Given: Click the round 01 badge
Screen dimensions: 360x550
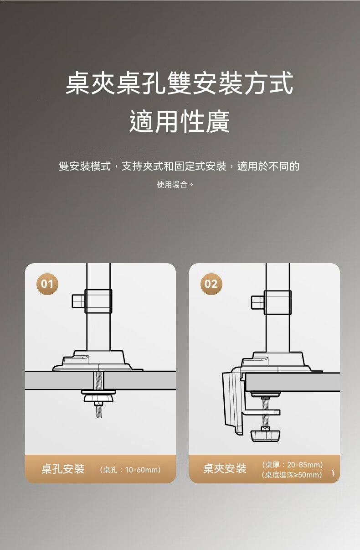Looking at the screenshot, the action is coord(47,284).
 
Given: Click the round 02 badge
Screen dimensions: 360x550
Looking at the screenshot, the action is coord(211,284).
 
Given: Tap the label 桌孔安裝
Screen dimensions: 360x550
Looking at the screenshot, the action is coord(63,469).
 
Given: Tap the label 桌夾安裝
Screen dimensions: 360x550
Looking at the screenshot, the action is coord(225,468).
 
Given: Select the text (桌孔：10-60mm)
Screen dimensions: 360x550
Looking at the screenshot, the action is coord(130,470).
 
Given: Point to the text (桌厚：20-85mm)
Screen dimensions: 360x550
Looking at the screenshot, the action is coord(292,465).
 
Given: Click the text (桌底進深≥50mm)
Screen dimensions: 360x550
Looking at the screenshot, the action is coord(292,475).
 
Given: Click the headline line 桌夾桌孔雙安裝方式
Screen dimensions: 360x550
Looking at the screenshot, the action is coord(180,83).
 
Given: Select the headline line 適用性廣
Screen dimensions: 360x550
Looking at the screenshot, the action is coord(180,121).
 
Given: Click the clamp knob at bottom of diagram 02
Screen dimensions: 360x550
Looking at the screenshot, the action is coord(265,436).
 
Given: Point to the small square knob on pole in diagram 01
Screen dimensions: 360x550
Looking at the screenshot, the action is coord(78,301).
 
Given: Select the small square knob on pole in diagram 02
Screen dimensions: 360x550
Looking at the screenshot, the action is coord(257,302).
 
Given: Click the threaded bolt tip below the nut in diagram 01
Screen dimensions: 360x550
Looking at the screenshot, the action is coord(98,412).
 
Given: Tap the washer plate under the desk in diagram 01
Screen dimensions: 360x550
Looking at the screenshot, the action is coord(98,392).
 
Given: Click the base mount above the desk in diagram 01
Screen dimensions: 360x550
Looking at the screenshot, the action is coord(98,361).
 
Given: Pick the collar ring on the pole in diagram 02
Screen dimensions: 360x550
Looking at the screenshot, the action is coord(278,302).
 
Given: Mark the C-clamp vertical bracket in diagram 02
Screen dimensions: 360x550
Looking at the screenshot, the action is coord(233,402).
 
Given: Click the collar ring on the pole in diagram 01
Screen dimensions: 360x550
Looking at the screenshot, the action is coord(98,301).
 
